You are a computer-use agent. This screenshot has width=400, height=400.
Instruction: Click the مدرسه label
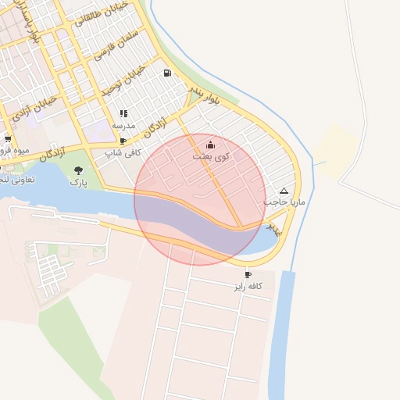coord(123,125)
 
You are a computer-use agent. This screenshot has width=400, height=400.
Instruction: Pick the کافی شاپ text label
coord(123,153)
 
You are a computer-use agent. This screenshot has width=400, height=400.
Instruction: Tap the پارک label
coord(77,181)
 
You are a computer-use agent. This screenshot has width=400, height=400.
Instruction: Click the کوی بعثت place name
coord(211,157)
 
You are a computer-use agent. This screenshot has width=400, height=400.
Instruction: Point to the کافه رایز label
coord(248,287)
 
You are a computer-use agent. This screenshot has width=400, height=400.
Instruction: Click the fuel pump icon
coord(168,73)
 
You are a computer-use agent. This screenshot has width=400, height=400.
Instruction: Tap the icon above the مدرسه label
coord(123,114)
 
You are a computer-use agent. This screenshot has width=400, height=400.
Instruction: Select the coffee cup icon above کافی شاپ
coord(123,141)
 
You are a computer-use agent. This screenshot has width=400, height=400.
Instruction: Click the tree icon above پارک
coord(77,170)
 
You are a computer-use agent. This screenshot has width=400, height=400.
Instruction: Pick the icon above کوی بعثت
coord(210,145)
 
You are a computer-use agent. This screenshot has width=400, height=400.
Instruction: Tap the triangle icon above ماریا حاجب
coord(283,191)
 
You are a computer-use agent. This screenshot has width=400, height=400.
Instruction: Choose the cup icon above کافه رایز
coord(248,275)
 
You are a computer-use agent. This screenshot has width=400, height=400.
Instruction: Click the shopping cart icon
coord(7,139)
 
